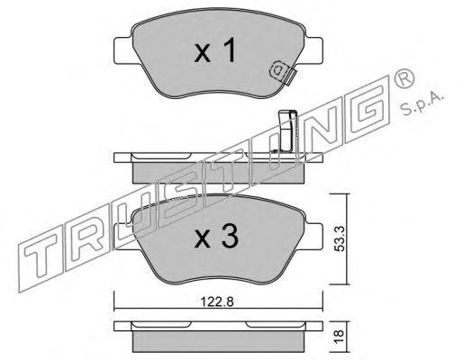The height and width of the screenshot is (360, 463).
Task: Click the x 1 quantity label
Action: (x=214, y=51)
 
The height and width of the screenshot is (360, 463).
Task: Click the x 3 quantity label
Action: (x=216, y=237)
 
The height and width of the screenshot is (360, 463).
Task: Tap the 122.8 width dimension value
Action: (x=217, y=301)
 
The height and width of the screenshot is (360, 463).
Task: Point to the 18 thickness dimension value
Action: (x=339, y=337)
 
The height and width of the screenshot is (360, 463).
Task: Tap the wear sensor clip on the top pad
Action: (x=282, y=73)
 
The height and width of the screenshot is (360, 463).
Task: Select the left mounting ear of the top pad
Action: (x=123, y=50)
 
